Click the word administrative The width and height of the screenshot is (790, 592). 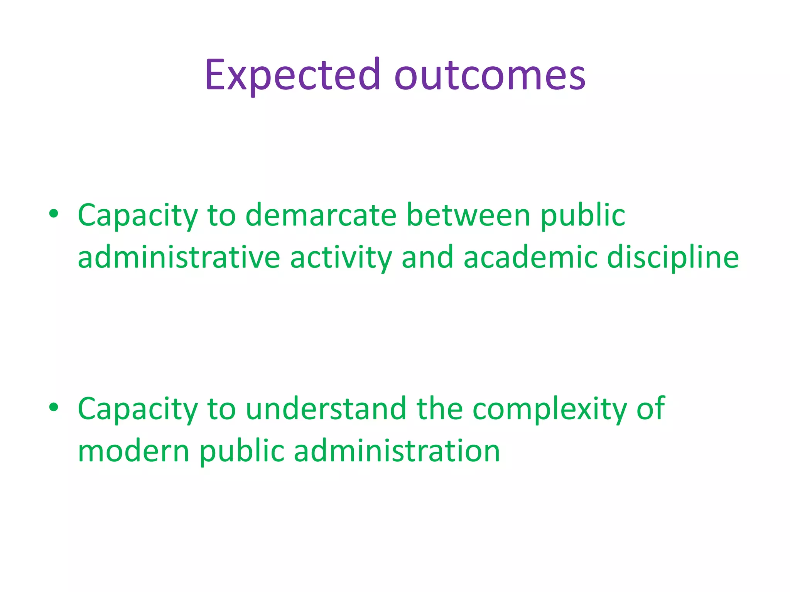click(179, 257)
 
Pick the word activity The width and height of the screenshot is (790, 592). click(341, 257)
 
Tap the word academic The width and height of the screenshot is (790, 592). click(530, 257)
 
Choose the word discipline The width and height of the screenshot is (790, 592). click(673, 257)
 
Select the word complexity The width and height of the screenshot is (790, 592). click(550, 409)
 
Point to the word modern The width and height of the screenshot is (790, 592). click(133, 451)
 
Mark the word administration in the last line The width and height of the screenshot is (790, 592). click(397, 451)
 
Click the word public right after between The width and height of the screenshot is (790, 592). click(583, 216)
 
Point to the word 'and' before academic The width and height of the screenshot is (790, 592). click(427, 257)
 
